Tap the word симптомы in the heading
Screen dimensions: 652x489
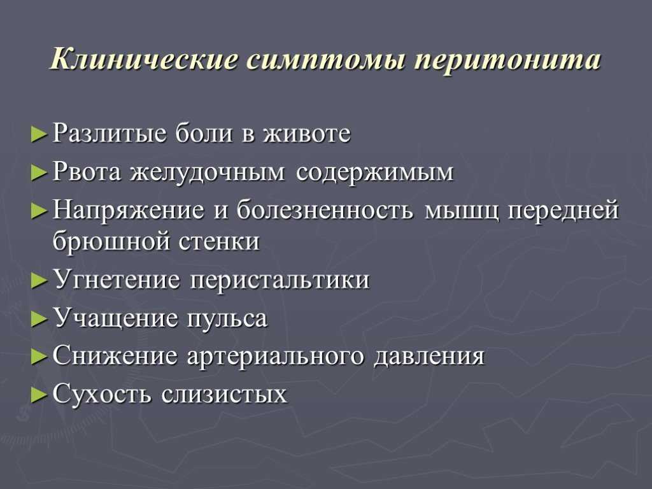pos(326,61)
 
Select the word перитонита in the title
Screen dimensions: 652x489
pos(507,61)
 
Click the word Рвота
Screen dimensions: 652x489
pos(87,171)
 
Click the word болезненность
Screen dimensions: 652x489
pos(325,209)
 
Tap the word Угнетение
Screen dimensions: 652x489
pos(117,279)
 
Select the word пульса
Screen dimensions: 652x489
pos(227,319)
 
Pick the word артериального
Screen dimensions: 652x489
pos(275,357)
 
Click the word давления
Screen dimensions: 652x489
pos(429,357)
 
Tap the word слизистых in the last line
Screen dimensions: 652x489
pos(224,393)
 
